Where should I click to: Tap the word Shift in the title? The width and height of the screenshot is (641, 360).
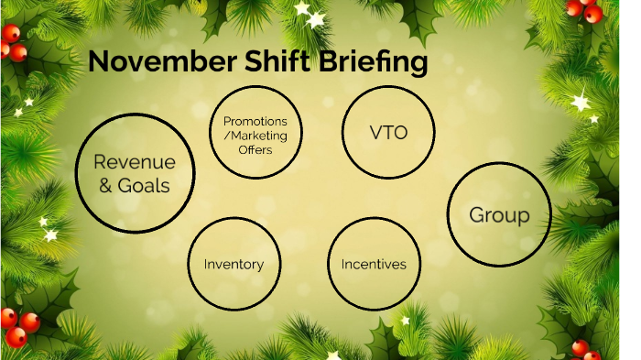click(x=268, y=62)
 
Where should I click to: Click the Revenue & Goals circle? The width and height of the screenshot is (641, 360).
click(x=135, y=173)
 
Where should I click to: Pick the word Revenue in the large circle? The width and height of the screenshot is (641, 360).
click(x=134, y=162)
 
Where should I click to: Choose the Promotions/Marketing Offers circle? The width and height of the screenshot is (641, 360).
click(x=255, y=135)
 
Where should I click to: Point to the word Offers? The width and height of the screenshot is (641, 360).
click(x=255, y=149)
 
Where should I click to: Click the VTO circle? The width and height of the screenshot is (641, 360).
click(x=387, y=132)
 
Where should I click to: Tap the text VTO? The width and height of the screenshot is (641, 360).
click(x=387, y=132)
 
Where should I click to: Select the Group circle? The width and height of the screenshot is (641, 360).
click(x=499, y=215)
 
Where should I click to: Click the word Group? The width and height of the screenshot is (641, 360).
click(x=499, y=216)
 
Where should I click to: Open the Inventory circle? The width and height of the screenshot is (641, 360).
click(x=234, y=264)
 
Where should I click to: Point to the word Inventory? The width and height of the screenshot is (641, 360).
click(x=234, y=265)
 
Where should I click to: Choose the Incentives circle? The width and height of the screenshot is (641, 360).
click(x=374, y=264)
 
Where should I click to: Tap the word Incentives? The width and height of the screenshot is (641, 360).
click(x=374, y=265)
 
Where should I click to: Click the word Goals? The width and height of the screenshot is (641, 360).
click(x=146, y=184)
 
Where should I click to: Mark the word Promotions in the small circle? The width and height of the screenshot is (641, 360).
click(x=255, y=121)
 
